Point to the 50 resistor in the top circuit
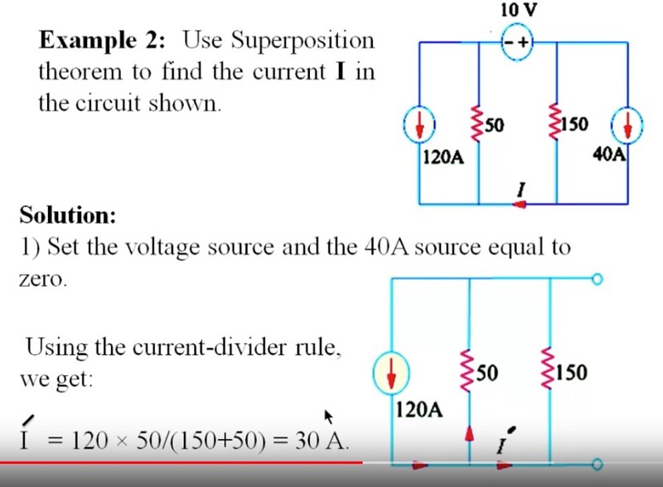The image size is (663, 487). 478,123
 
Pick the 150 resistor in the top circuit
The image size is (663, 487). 554,123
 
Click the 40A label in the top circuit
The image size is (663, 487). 608,154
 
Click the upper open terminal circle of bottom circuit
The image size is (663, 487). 598,280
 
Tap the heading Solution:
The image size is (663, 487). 68,215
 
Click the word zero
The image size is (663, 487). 41,279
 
